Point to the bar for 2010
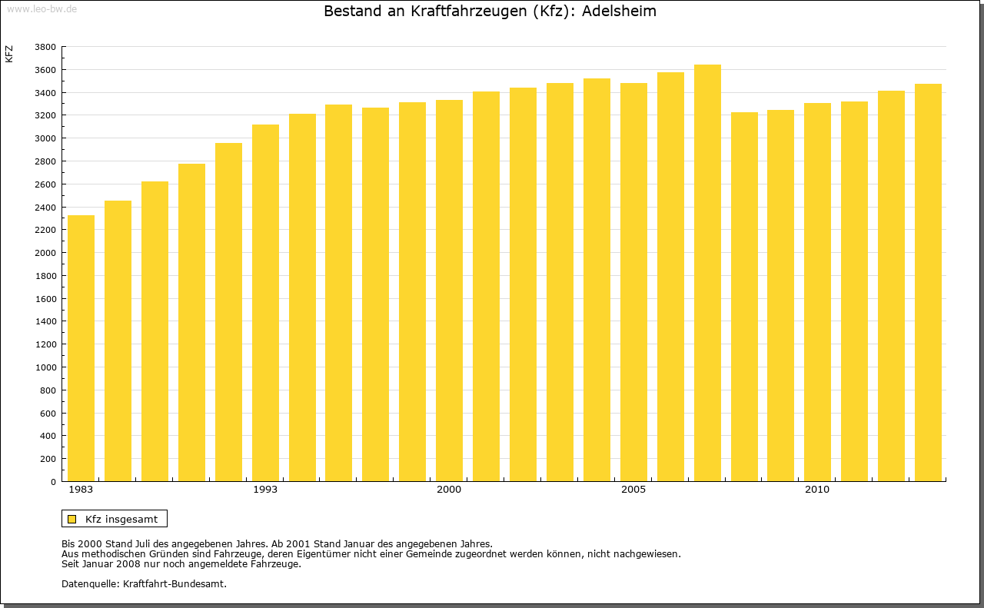[817, 292]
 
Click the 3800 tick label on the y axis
[45, 47]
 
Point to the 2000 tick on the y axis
[45, 253]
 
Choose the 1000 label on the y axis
[45, 367]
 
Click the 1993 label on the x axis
[265, 490]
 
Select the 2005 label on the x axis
[633, 490]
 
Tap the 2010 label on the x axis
[817, 490]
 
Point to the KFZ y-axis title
[9, 54]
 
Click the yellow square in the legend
[72, 519]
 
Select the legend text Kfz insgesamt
[121, 519]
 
